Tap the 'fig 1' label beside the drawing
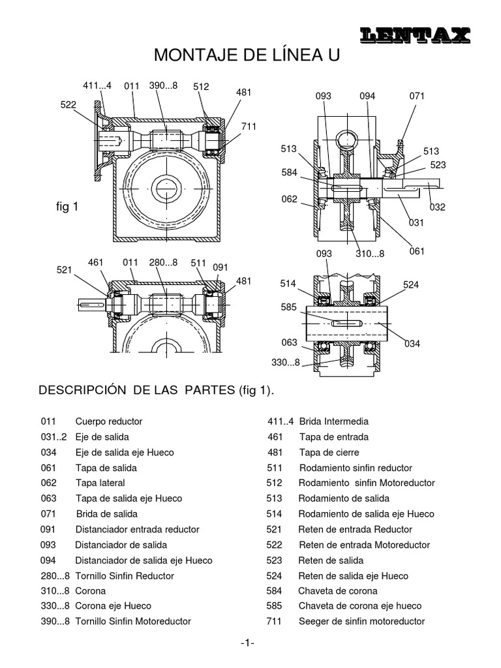[67, 207]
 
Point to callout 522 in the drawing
[68, 104]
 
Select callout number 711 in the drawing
[249, 126]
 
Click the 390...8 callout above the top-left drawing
[163, 85]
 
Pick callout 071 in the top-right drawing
[417, 96]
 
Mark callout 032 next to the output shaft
[436, 207]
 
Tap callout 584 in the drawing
[289, 173]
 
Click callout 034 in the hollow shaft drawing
[412, 343]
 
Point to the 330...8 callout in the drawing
[286, 363]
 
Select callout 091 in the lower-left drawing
[221, 267]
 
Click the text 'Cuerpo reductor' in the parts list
[108, 421]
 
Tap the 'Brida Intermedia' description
[333, 421]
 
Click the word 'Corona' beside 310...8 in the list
[90, 591]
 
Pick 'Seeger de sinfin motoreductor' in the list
[361, 622]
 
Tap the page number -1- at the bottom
[247, 643]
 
